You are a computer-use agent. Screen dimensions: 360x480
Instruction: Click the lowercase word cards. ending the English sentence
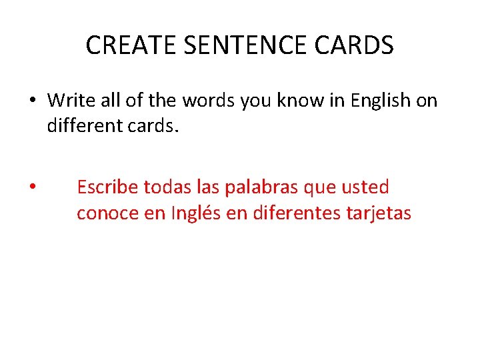[154, 125]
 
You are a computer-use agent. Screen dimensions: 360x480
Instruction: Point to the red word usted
[365, 187]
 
